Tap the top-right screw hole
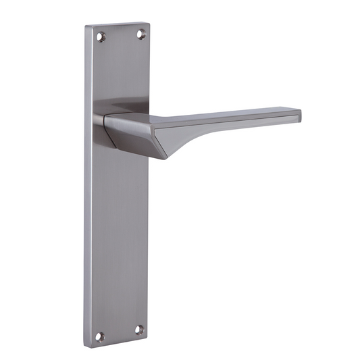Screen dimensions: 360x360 coord(142,33)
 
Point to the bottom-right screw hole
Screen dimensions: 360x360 coord(140,330)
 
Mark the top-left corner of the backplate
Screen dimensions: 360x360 coord(86,28)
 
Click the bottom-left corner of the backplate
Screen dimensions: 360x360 coord(86,343)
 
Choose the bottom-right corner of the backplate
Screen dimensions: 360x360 coord(147,336)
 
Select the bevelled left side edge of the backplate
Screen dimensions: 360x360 coord(88,203)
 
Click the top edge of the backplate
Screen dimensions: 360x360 coord(116,26)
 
